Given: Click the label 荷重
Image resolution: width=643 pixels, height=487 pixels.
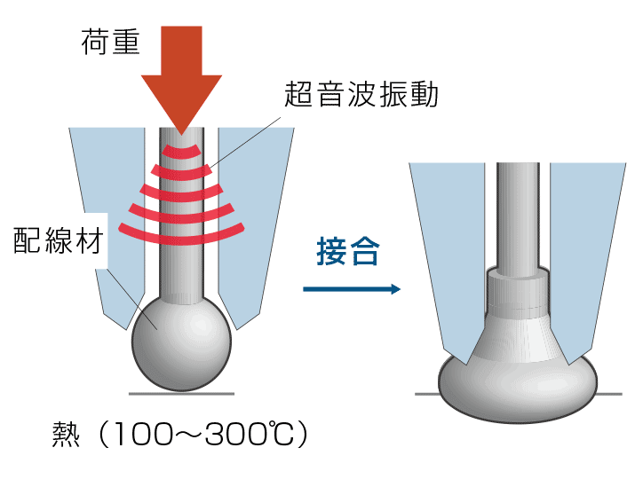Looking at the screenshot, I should click(110, 42).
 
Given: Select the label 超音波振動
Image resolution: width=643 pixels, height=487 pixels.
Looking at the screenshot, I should click(361, 94).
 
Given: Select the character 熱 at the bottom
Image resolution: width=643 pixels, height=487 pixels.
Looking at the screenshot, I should click(70, 437).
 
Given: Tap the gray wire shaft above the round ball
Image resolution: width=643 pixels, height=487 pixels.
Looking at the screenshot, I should click(181, 266).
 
